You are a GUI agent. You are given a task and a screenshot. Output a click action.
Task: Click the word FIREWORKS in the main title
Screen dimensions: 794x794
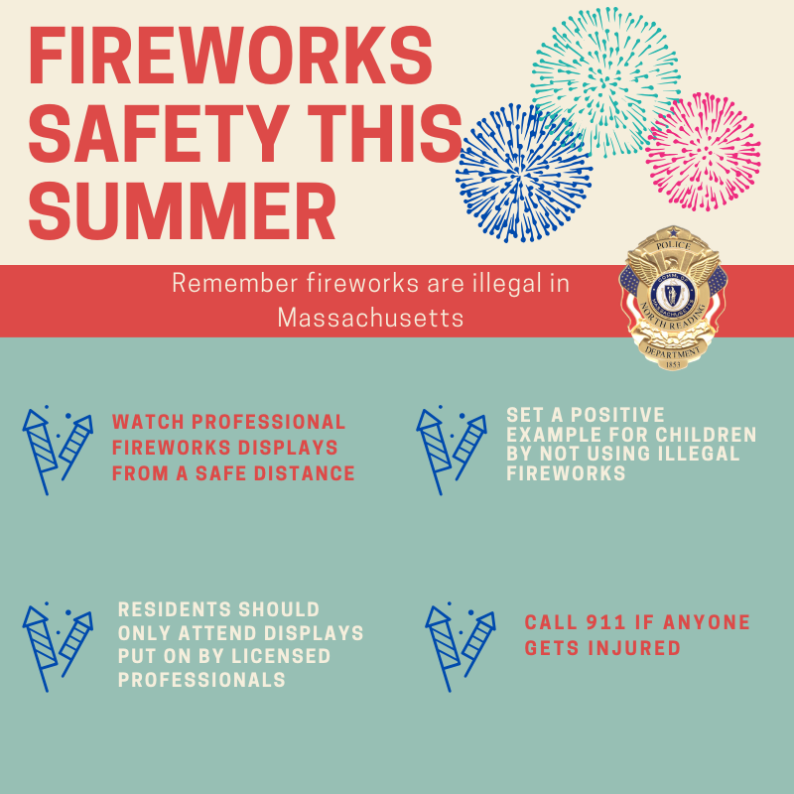[230, 55]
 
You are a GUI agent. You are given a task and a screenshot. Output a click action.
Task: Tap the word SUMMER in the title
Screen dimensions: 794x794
[183, 210]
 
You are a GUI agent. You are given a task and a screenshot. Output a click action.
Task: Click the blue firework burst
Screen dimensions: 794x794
[524, 172]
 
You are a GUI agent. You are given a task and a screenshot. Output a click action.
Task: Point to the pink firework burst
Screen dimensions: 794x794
[703, 152]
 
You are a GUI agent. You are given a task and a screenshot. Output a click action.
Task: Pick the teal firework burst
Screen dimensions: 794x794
[605, 81]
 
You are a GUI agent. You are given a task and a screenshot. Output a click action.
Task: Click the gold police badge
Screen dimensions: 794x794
[673, 298]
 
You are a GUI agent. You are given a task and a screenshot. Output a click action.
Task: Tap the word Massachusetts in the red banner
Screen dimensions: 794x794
[370, 318]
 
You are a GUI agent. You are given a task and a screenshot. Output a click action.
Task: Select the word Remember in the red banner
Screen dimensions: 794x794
[234, 283]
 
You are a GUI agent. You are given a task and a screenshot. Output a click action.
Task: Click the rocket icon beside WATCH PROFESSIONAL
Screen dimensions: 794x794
[58, 451]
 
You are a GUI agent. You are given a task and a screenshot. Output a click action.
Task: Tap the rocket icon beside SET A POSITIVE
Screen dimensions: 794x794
[452, 451]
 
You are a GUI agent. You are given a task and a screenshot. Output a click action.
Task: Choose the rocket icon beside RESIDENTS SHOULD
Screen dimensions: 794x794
[58, 647]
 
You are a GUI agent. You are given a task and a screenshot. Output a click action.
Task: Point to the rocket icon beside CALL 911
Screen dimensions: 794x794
[461, 647]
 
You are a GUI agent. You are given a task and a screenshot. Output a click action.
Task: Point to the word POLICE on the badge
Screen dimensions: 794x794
[673, 245]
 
